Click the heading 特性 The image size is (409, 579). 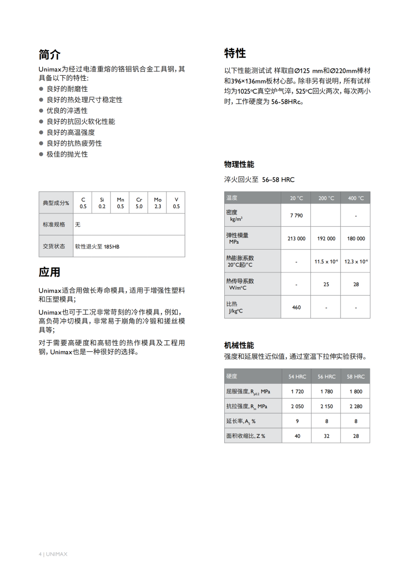[235, 53]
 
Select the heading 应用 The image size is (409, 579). [50, 272]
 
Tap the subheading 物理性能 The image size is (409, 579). [239, 164]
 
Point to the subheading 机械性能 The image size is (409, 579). [239, 345]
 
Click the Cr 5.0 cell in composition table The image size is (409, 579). [139, 203]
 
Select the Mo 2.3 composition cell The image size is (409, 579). [157, 203]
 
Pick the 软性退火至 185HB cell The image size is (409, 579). [97, 246]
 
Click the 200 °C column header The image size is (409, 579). [326, 198]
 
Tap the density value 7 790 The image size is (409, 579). [296, 215]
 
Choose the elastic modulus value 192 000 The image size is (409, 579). [326, 238]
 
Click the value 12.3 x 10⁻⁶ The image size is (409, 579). [356, 261]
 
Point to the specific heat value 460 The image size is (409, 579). [296, 307]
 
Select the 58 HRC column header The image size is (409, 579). [356, 376]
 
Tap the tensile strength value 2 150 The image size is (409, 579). [326, 406]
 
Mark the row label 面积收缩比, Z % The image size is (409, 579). [246, 436]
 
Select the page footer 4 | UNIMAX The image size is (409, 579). [53, 554]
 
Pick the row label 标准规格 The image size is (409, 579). [54, 224]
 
